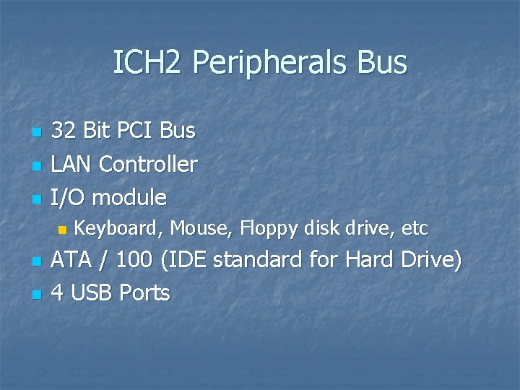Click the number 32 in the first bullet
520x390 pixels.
[x=64, y=131]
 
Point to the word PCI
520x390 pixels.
[x=136, y=131]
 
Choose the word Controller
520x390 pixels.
[x=148, y=164]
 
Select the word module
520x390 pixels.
[x=130, y=197]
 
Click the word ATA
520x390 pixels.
[x=71, y=259]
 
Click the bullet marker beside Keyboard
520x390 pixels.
[x=61, y=230]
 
